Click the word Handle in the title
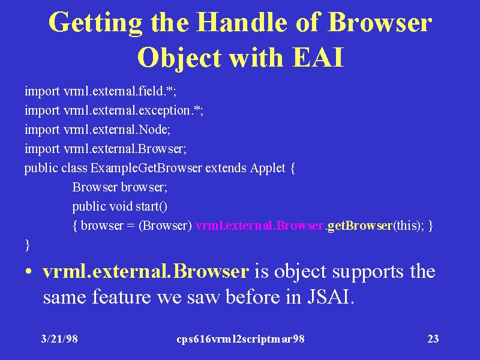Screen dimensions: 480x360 click(242, 22)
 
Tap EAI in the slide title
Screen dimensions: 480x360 click(318, 57)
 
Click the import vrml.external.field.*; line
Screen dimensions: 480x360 click(100, 91)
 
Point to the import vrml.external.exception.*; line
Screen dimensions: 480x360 click(114, 110)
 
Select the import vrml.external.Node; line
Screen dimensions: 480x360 click(97, 130)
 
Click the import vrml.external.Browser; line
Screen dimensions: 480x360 click(106, 149)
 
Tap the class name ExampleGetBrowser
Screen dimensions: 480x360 click(146, 168)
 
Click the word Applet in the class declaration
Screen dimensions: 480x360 click(268, 168)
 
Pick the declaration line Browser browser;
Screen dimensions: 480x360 click(119, 187)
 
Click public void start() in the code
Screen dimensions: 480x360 click(119, 206)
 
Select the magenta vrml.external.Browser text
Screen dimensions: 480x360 click(260, 226)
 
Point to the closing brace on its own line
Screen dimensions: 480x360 click(27, 245)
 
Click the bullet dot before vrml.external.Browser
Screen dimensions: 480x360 click(28, 272)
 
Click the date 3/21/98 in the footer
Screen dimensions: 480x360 click(59, 339)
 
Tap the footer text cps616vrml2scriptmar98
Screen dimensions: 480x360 click(241, 339)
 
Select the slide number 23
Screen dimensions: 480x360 click(433, 339)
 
